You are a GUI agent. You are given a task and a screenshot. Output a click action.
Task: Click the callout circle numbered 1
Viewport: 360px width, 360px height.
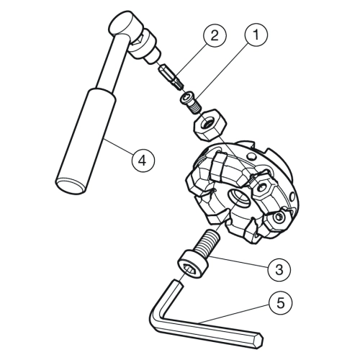pos(256,35)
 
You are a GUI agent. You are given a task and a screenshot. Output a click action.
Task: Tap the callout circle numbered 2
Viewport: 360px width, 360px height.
pos(215,36)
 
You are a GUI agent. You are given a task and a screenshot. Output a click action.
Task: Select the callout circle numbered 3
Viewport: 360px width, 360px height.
pos(279,270)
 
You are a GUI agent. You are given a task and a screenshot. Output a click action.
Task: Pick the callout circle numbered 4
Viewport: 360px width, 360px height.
pos(143,161)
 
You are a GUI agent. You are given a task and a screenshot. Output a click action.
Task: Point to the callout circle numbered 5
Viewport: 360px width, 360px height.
pos(280,303)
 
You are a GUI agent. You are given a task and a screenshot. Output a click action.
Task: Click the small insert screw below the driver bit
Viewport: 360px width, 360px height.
pos(191,102)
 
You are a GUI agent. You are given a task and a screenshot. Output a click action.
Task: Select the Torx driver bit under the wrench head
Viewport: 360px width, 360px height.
pos(171,77)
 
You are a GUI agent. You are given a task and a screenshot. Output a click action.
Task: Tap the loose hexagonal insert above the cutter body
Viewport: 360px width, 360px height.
pos(210,125)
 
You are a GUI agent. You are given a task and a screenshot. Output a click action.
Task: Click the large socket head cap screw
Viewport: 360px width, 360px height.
pos(198,255)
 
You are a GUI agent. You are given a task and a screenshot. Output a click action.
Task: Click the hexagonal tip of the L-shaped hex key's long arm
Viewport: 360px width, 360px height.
pos(258,339)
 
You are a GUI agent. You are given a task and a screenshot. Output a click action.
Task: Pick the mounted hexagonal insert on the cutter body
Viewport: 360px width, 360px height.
pos(262,187)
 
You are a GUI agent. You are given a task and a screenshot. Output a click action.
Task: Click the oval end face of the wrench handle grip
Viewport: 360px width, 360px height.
pos(69,185)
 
